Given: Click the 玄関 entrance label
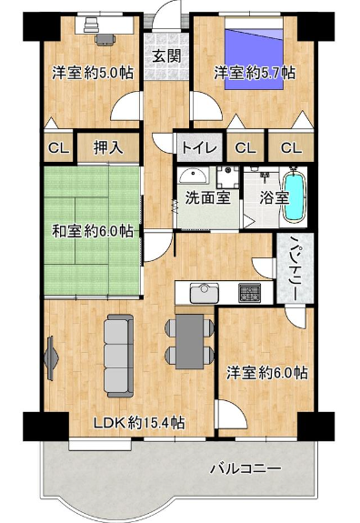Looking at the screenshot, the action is [x=166, y=56].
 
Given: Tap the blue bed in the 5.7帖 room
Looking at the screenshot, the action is [x=254, y=55].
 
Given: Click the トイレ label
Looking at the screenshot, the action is [x=199, y=147].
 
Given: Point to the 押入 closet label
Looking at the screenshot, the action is [x=108, y=147].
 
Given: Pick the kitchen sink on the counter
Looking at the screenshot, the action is [x=204, y=293].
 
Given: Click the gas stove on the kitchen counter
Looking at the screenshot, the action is [x=249, y=293].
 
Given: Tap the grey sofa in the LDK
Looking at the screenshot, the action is [x=119, y=356].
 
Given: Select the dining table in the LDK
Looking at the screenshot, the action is [x=189, y=341].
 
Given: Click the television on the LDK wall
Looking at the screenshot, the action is [x=51, y=358].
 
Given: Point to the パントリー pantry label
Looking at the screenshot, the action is [x=294, y=267].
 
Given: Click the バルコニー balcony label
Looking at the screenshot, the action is [x=245, y=469].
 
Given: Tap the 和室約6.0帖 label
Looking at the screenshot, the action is [x=93, y=231].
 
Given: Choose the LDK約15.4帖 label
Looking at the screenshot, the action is [x=139, y=423].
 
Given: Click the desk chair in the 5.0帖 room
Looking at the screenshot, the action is [x=105, y=39].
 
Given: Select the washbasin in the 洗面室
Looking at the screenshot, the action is [x=193, y=176].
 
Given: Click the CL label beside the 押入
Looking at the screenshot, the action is [x=59, y=148].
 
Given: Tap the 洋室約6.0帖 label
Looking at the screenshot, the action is [x=267, y=373].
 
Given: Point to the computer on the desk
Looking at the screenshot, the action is [x=91, y=25].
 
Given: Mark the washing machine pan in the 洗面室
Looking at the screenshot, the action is [x=227, y=177].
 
